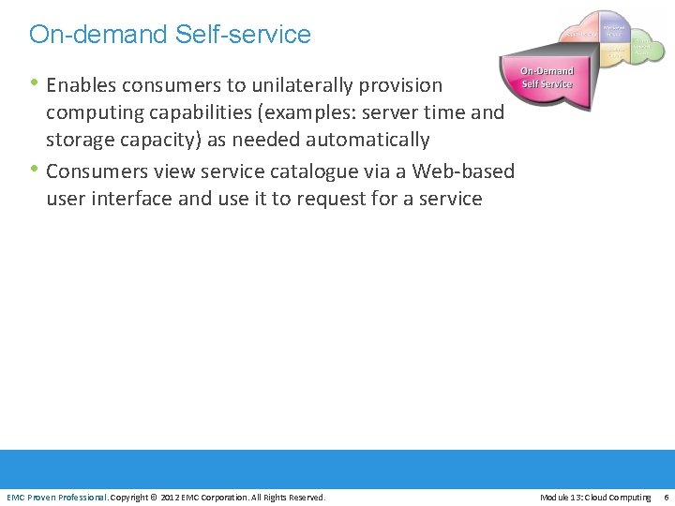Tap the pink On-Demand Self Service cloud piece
(547, 79)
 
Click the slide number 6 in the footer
(666, 497)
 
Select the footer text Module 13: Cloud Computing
(595, 497)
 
